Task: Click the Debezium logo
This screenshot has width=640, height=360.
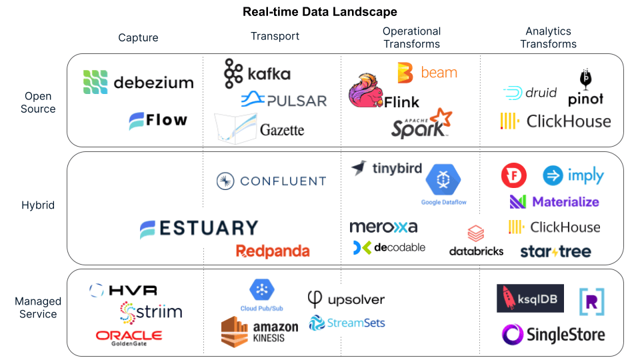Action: (138, 82)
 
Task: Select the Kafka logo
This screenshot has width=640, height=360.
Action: (257, 73)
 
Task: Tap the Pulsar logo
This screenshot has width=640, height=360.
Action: (283, 100)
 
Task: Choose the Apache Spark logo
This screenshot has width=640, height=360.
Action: (421, 123)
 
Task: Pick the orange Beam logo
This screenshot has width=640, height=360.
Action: (427, 73)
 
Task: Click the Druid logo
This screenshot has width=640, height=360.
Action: (529, 93)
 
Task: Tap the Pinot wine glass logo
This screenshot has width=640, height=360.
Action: (585, 88)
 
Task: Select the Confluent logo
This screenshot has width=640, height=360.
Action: (271, 181)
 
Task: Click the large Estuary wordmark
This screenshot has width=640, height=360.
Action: (199, 229)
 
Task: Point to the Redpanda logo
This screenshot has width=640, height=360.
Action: (273, 251)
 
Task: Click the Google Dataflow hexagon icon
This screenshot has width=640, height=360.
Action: (443, 179)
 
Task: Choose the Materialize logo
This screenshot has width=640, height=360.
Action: (554, 201)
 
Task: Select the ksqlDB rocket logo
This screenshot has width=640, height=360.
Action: (530, 299)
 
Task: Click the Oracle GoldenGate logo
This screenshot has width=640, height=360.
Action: (129, 337)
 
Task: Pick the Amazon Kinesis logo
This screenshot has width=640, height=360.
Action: (259, 331)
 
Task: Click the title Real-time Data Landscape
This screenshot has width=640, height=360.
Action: (320, 12)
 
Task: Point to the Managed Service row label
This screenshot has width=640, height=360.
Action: (38, 308)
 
